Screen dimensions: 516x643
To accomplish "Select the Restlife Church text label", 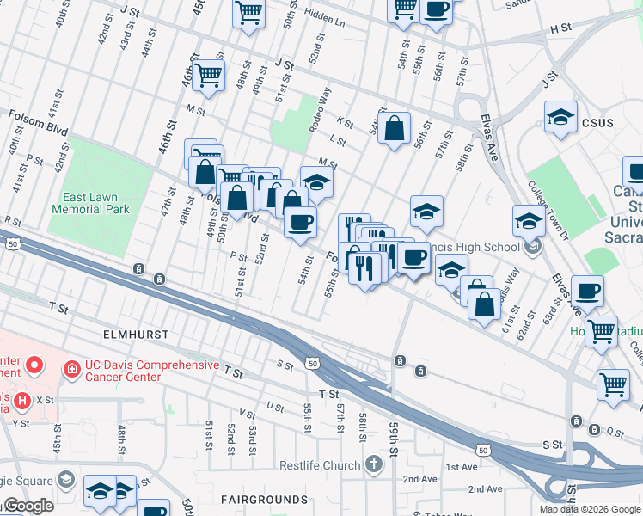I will pyautogui.click(x=319, y=465).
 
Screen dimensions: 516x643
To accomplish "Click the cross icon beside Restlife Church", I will pyautogui.click(x=373, y=465).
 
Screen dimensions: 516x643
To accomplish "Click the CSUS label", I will pyautogui.click(x=598, y=123).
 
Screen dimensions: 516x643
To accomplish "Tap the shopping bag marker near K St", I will pyautogui.click(x=394, y=129).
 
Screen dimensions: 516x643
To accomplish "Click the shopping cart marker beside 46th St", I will pyautogui.click(x=208, y=76).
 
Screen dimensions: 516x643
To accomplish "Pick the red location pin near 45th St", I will pyautogui.click(x=34, y=365).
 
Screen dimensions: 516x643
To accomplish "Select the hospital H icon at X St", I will pyautogui.click(x=21, y=400).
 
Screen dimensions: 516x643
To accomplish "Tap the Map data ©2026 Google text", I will pyautogui.click(x=589, y=509).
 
